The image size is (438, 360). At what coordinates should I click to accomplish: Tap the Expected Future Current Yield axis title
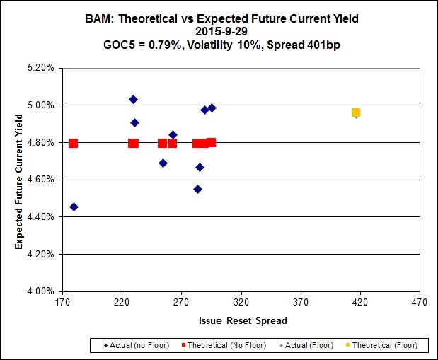pos(18,180)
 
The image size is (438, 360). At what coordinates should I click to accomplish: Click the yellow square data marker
pos(356,112)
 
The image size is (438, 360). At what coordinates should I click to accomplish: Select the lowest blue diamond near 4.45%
pos(74,207)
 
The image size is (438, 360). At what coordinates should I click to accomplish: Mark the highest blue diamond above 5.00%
pos(133,99)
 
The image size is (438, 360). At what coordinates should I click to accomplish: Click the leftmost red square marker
pos(73,143)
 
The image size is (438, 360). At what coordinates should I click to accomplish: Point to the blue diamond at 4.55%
pos(197,189)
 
